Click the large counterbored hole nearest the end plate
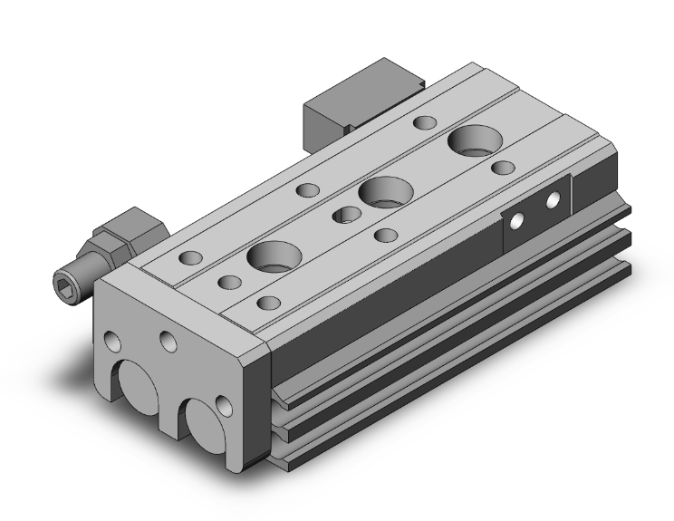272,257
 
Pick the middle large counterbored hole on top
385,192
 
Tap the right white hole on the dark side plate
552,206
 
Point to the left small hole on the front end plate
113,343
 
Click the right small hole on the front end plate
168,341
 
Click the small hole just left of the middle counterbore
344,215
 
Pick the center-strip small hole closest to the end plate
229,283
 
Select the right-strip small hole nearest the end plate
267,303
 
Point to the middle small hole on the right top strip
386,236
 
